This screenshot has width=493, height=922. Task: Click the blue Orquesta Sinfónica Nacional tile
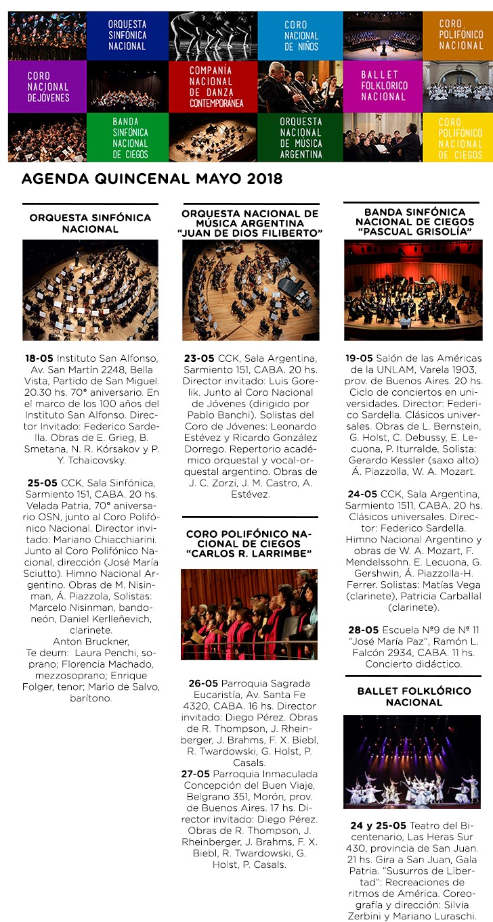(x=127, y=35)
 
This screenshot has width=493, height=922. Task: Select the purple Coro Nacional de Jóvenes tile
(x=48, y=87)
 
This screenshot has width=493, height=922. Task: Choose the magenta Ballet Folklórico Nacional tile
(x=383, y=86)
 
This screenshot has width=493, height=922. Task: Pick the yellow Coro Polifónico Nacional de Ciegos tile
(x=459, y=138)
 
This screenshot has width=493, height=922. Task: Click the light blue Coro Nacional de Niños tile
(x=300, y=35)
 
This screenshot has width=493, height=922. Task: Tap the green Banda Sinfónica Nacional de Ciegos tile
(x=130, y=138)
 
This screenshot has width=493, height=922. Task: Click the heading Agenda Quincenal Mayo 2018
(x=152, y=180)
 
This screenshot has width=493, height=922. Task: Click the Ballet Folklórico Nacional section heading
(x=414, y=697)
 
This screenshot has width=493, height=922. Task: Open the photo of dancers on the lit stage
(x=412, y=760)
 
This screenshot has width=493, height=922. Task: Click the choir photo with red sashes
(x=249, y=614)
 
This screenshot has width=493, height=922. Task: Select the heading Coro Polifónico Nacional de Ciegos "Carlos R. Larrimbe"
(x=249, y=544)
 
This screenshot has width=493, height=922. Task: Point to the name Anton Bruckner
(x=91, y=642)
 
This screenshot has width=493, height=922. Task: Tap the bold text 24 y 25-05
(x=378, y=825)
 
